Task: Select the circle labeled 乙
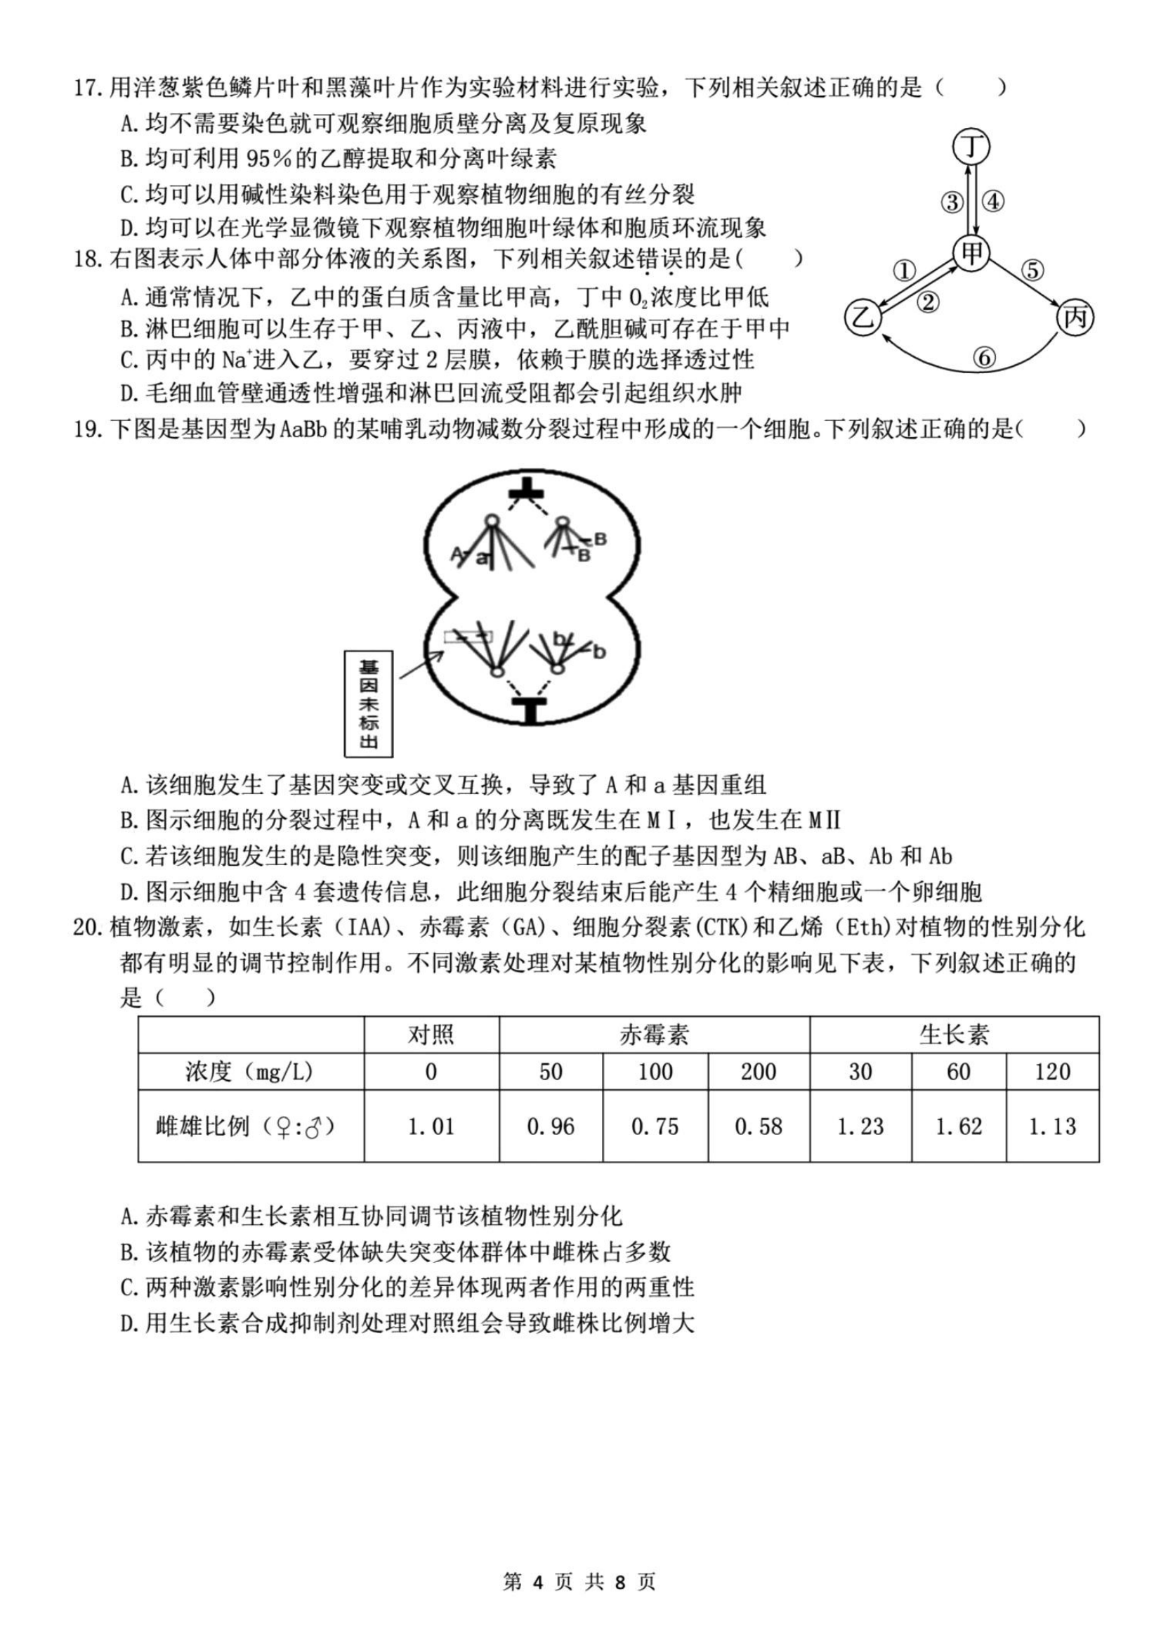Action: pos(864,317)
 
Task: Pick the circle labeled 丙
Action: pos(1075,317)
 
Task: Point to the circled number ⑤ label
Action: pos(1032,270)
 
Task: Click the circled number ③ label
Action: pos(952,202)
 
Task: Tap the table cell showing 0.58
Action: pos(759,1126)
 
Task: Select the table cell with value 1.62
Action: pos(959,1126)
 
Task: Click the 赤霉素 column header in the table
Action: pos(654,1034)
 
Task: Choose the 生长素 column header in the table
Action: pos(954,1034)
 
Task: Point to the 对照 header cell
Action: pos(431,1034)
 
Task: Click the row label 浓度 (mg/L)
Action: pos(249,1071)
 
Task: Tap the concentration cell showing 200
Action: pos(759,1071)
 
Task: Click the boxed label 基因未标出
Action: pos(369,703)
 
